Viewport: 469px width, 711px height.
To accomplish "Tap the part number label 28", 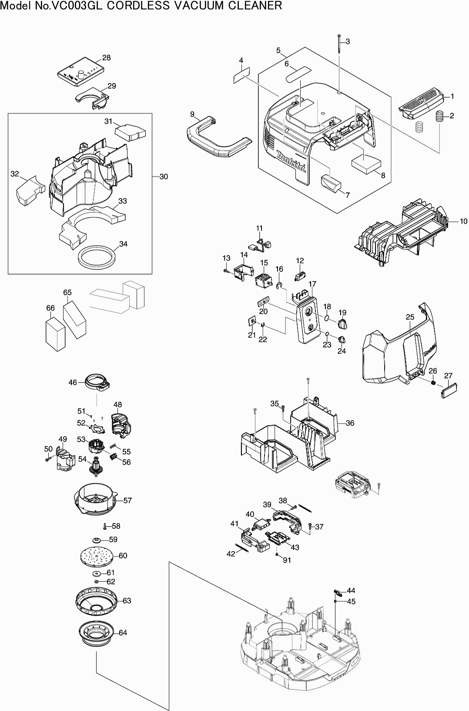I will pos(106,57).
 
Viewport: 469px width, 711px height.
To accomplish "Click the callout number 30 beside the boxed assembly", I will pos(164,176).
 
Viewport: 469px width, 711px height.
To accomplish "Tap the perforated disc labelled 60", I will pos(97,555).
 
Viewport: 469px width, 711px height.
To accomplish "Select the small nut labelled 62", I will pos(97,582).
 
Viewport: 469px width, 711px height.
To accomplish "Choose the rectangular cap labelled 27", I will pos(448,389).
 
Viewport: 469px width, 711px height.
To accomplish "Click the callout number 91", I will pos(287,560).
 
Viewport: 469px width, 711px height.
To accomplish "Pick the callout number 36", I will pos(350,423).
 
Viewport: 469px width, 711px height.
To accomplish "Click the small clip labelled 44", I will pos(338,592).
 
